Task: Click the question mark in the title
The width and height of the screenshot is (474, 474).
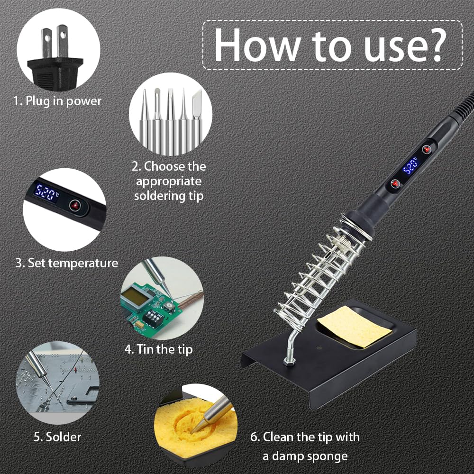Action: click(x=435, y=46)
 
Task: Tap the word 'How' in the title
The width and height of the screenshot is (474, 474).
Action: click(x=257, y=46)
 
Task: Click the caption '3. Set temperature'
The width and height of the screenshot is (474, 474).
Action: click(x=67, y=263)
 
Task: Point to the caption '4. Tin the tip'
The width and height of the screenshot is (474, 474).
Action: click(x=158, y=349)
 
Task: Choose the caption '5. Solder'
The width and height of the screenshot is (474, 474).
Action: click(x=57, y=437)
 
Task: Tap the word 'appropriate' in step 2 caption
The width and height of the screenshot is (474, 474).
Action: click(x=169, y=182)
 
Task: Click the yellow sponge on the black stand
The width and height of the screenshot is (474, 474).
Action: click(x=354, y=328)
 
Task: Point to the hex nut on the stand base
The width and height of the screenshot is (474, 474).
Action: click(x=289, y=361)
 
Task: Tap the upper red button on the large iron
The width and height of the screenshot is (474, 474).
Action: click(x=427, y=149)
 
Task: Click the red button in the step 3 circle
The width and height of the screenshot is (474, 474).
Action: click(x=75, y=206)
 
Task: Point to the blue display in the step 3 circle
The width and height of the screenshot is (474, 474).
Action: click(x=46, y=192)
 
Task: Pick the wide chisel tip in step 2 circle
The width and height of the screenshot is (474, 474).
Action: click(x=197, y=121)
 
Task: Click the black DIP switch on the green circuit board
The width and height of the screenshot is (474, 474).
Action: click(x=152, y=318)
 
